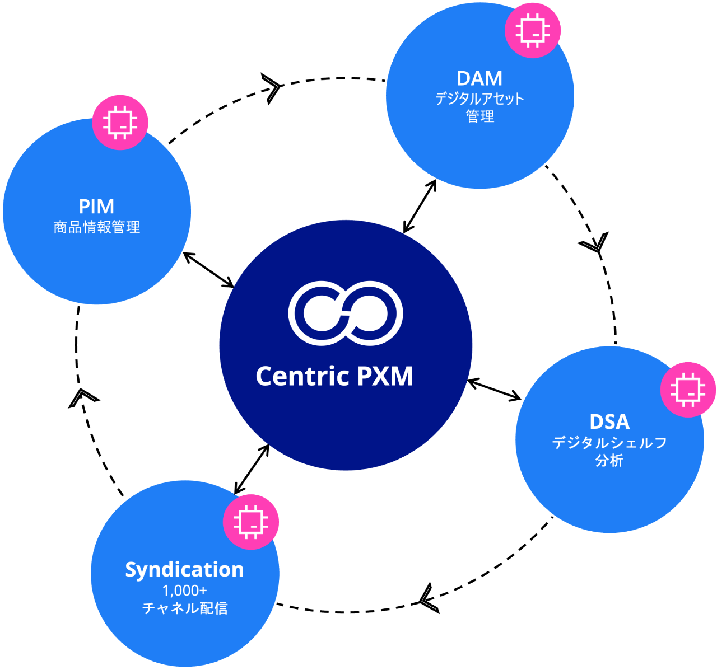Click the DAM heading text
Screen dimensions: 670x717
click(479, 78)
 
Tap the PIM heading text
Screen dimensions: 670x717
click(96, 207)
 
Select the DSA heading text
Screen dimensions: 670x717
click(609, 421)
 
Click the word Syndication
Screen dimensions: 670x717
click(184, 569)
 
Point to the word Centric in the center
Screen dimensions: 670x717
click(301, 376)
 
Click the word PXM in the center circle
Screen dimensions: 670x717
click(385, 376)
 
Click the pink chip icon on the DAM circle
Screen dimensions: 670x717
click(533, 30)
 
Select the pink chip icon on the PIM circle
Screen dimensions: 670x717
click(120, 121)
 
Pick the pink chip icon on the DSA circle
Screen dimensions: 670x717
click(688, 389)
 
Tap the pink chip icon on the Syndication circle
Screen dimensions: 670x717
click(251, 522)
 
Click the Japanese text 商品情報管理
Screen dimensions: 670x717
click(96, 227)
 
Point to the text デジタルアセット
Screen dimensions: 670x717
click(479, 99)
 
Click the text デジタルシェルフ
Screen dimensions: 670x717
click(609, 443)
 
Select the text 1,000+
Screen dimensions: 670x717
click(184, 591)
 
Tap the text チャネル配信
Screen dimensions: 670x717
click(184, 608)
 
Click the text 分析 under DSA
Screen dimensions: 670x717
click(609, 461)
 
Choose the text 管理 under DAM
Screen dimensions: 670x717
click(479, 116)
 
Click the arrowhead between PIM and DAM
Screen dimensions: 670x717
click(272, 88)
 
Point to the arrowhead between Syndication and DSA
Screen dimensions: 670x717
click(427, 599)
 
